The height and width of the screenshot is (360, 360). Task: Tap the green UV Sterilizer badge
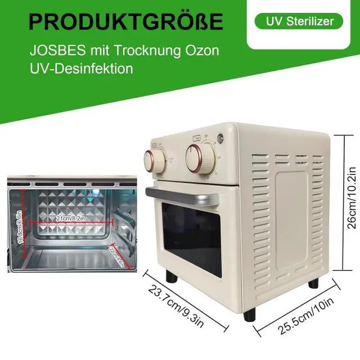(x=298, y=21)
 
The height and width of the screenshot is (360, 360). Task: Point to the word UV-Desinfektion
(x=81, y=69)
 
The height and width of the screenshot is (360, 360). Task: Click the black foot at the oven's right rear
(x=313, y=282)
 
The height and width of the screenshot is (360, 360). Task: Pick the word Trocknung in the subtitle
(x=141, y=49)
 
